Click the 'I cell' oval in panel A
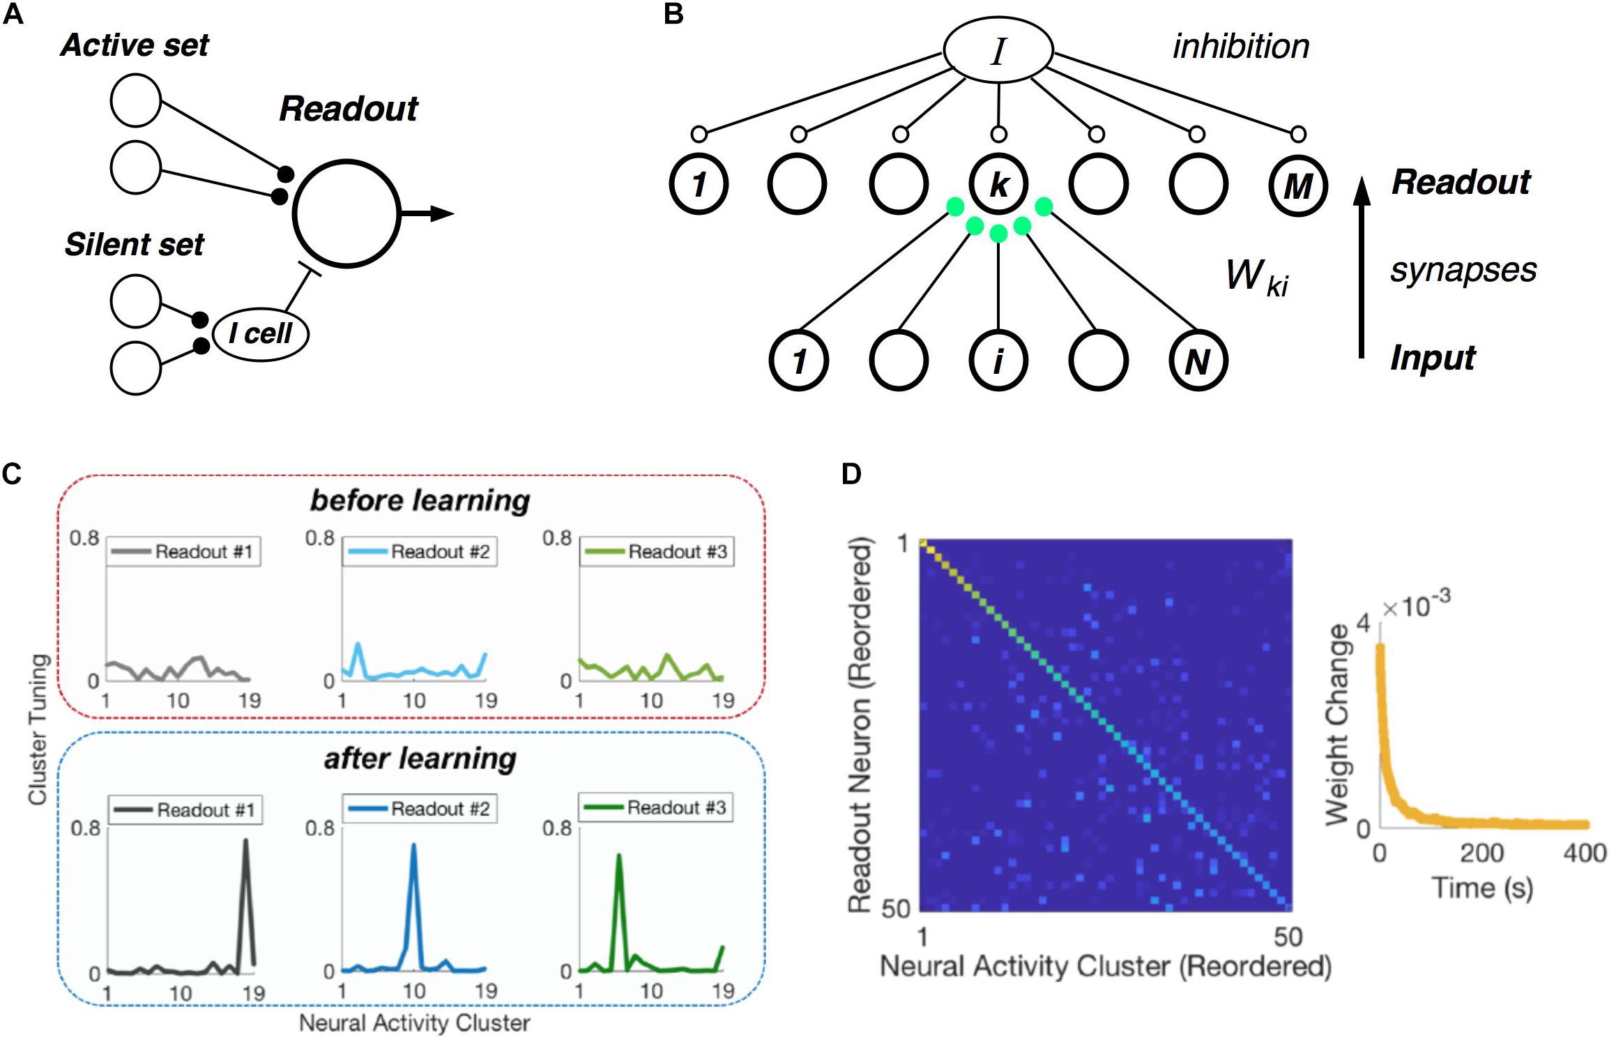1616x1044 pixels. click(261, 334)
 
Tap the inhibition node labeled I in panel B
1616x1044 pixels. click(998, 50)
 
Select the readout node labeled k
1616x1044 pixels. click(998, 184)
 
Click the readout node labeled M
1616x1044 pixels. click(1297, 186)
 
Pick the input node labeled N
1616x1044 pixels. click(1197, 361)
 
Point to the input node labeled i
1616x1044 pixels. click(998, 361)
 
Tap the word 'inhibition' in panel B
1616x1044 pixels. click(1241, 47)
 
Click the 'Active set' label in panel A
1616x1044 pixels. click(135, 45)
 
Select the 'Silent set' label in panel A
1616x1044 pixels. click(134, 245)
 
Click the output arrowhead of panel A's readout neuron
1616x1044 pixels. click(442, 213)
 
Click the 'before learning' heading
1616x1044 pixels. click(420, 501)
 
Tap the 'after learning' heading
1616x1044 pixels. click(420, 759)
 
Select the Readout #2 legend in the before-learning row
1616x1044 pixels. click(420, 552)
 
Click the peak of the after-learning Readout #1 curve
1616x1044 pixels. click(245, 841)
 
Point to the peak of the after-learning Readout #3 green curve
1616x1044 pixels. click(618, 856)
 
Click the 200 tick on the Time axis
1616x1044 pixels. click(1481, 853)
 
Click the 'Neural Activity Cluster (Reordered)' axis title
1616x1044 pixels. click(1106, 967)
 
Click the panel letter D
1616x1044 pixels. click(851, 474)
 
